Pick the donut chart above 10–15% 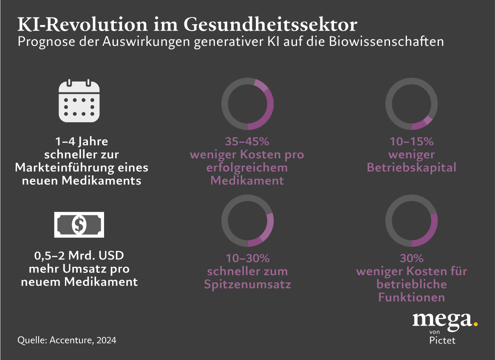click(411, 104)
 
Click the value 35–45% click(247, 141)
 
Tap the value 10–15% click(411, 141)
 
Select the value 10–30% click(247, 258)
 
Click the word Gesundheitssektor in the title click(270, 25)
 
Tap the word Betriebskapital click(411, 167)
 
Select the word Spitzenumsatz click(247, 284)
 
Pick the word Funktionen click(411, 297)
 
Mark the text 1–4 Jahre click(82, 141)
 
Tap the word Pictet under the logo click(442, 340)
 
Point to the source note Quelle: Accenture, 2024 click(67, 340)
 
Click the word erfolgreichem click(247, 167)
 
